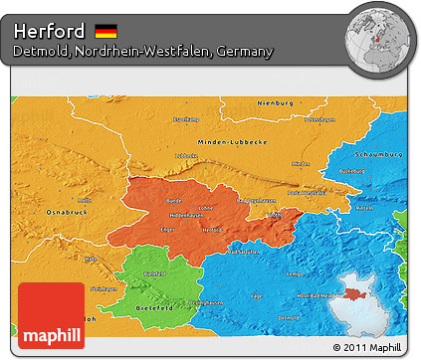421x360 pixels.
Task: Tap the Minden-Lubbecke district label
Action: point(231,141)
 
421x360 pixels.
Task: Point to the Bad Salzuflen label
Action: point(246,254)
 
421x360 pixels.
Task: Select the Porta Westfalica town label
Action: point(306,192)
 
